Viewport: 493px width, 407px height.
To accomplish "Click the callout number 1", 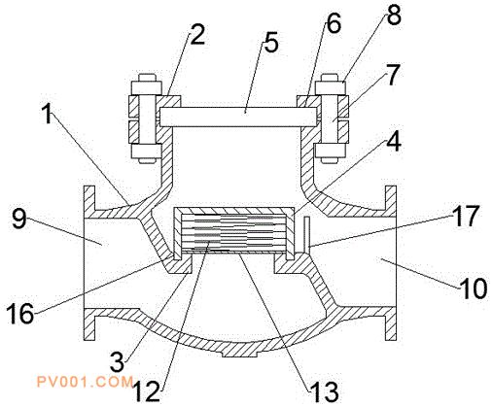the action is (48, 115).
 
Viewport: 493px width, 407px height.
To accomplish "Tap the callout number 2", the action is (197, 35).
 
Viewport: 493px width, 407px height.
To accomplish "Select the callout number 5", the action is (271, 43).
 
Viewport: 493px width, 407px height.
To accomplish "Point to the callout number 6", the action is (334, 23).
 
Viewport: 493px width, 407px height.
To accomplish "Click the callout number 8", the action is (394, 15).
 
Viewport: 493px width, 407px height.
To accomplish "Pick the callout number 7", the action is (393, 75).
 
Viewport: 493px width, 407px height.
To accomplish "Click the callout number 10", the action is (474, 288).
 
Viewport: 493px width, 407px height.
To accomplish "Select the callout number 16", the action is (19, 313).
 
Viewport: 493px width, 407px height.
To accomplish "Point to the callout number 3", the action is (117, 361).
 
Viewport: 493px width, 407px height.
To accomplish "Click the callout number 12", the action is (147, 390).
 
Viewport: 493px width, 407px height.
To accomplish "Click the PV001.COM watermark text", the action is (85, 382).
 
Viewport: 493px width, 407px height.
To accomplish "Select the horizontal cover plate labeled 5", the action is (238, 117).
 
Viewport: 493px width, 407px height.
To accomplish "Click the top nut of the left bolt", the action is (146, 87).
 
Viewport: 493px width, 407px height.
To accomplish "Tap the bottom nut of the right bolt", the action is (330, 151).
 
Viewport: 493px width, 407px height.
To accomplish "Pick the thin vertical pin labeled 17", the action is (306, 235).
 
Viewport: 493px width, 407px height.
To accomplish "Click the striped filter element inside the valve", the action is (234, 232).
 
